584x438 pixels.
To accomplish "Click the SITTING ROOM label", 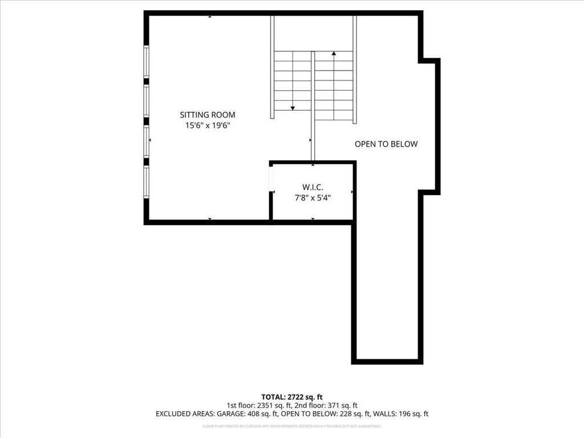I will [x=208, y=115].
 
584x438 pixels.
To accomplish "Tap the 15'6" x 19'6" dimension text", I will [x=208, y=125].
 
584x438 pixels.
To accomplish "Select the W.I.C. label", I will [x=312, y=187].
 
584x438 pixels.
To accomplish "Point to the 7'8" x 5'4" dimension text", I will [x=312, y=198].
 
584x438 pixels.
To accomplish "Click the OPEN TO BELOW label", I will [x=386, y=144].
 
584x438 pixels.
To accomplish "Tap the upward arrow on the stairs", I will [x=334, y=54].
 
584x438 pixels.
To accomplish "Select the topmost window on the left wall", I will [x=147, y=62].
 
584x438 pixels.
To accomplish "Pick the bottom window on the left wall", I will [x=147, y=182].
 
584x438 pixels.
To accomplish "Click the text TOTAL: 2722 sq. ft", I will [x=292, y=396].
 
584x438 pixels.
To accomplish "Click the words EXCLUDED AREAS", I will [x=181, y=414].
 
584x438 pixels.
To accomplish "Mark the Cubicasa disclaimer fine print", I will [x=292, y=426].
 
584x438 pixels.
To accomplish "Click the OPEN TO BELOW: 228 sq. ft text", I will [x=324, y=414].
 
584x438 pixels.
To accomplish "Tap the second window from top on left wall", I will [x=147, y=100].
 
